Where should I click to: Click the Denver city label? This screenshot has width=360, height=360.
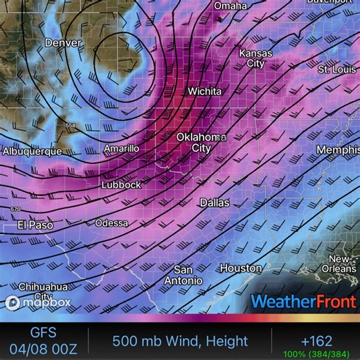pos(63,43)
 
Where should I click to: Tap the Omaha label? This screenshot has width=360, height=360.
pos(230,6)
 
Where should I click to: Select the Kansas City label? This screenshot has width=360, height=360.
pos(255,58)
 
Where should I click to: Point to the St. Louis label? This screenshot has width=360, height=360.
pos(336,70)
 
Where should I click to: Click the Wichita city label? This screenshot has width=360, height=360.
pos(205,91)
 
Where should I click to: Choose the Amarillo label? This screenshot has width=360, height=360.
pos(121,149)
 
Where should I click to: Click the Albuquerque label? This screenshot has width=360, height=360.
pos(32,151)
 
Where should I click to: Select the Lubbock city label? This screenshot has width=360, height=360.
pos(121,185)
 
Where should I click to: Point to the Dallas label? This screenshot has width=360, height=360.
pos(214,203)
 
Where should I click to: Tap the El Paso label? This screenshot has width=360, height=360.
pos(35,225)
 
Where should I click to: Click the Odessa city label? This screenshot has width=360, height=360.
pos(111,223)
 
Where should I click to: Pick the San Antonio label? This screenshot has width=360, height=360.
pos(183,275)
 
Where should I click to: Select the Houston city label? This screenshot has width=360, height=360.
pos(241,268)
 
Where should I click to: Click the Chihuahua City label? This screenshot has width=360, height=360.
pos(43,291)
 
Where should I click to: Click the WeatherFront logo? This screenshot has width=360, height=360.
pos(304,302)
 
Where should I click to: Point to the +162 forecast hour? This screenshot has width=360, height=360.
pos(316,341)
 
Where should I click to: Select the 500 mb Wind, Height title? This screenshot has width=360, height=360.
pos(180,341)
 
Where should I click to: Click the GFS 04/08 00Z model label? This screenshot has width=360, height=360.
pos(43,341)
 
